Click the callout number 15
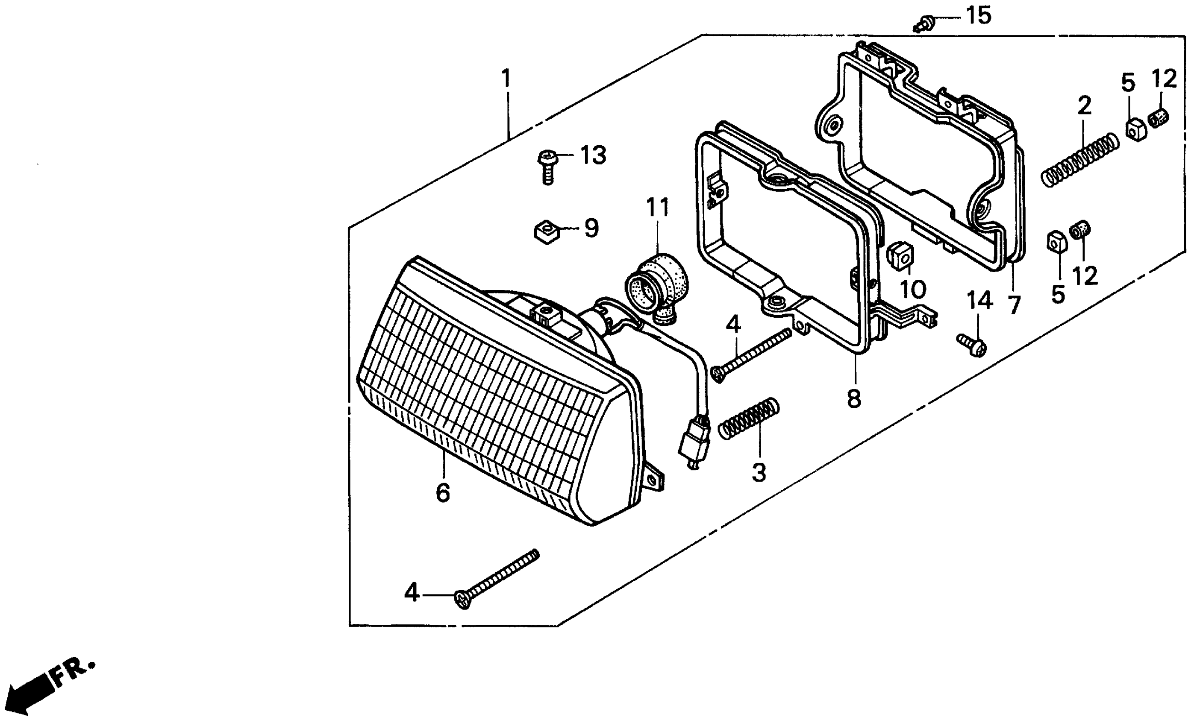click(978, 16)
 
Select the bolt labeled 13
click(547, 167)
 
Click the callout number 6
click(443, 493)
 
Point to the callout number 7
click(1014, 304)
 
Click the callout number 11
click(658, 208)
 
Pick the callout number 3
click(759, 472)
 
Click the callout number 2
click(1084, 105)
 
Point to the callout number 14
click(979, 301)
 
